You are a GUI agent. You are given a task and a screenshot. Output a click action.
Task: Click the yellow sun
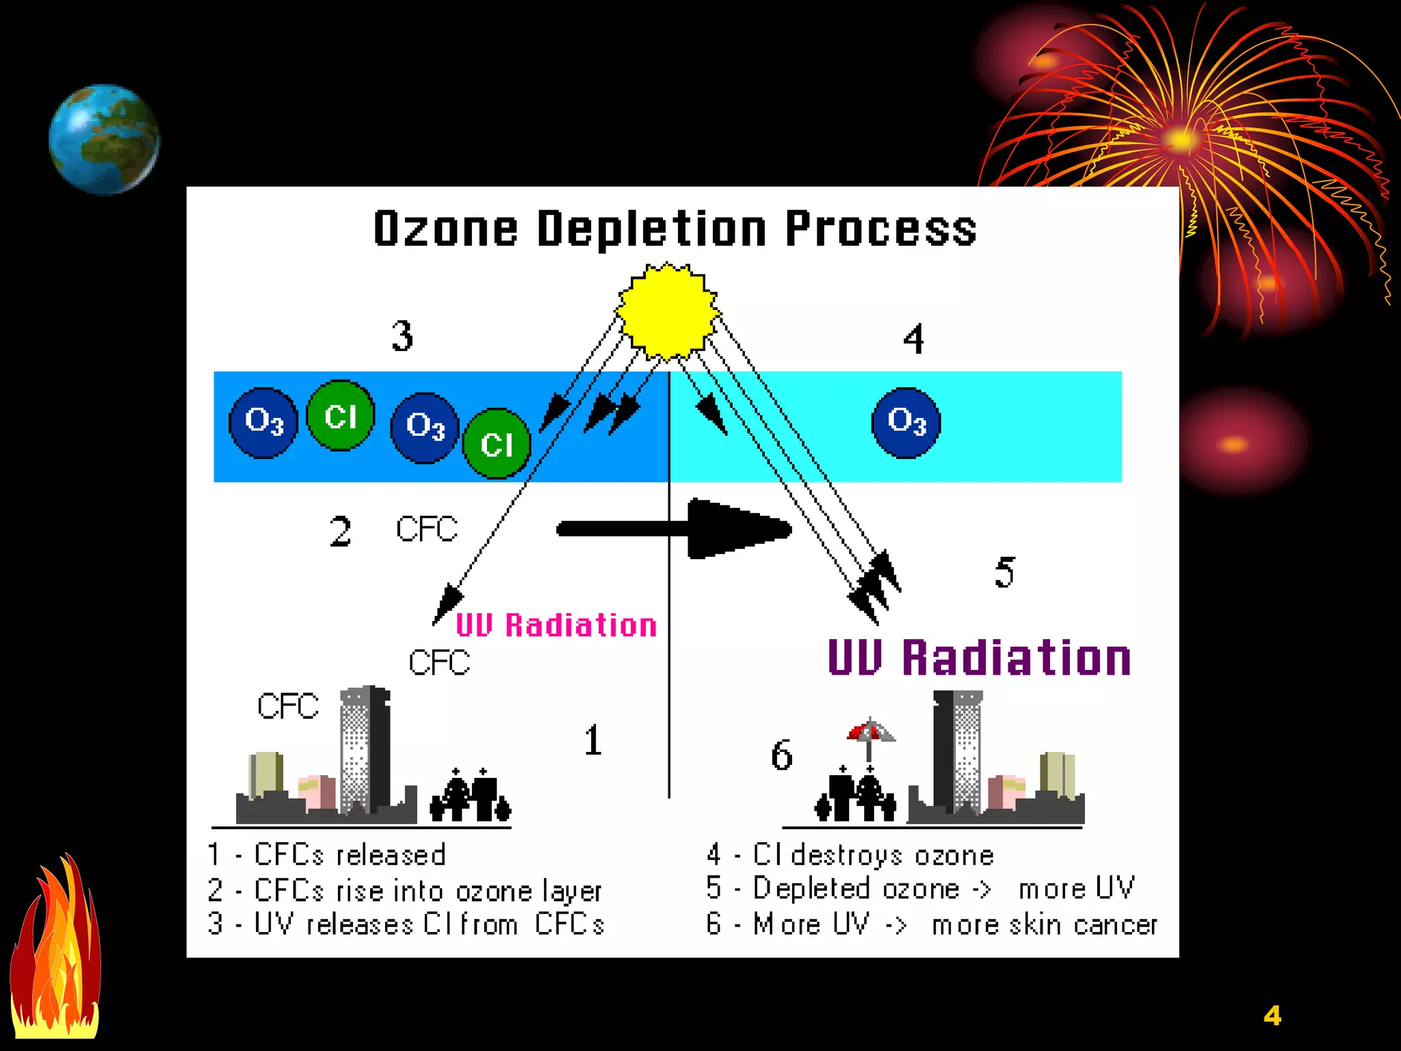point(668,311)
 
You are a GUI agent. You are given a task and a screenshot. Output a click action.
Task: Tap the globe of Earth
point(104,139)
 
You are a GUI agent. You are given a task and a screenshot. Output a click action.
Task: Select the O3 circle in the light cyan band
point(906,422)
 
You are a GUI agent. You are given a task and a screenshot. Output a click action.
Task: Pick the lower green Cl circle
point(497,443)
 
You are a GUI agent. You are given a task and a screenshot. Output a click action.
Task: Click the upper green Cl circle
point(341,415)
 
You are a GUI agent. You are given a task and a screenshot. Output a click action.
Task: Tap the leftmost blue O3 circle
point(263,422)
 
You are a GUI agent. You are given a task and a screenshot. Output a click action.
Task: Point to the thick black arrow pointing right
point(684,528)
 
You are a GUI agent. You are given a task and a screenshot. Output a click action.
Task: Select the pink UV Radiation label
point(556,625)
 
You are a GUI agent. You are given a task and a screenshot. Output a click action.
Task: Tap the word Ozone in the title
point(445,229)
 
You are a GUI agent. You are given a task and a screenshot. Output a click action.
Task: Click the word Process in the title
point(881,229)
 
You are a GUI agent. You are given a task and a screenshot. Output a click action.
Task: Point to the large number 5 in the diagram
point(1004,572)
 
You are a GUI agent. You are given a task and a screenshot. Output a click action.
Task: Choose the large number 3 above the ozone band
point(403,336)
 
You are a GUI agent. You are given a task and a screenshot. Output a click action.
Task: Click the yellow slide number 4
point(1272,1015)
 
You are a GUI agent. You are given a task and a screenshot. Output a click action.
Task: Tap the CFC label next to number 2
point(427,529)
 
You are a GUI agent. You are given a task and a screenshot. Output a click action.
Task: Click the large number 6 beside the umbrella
point(782,755)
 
